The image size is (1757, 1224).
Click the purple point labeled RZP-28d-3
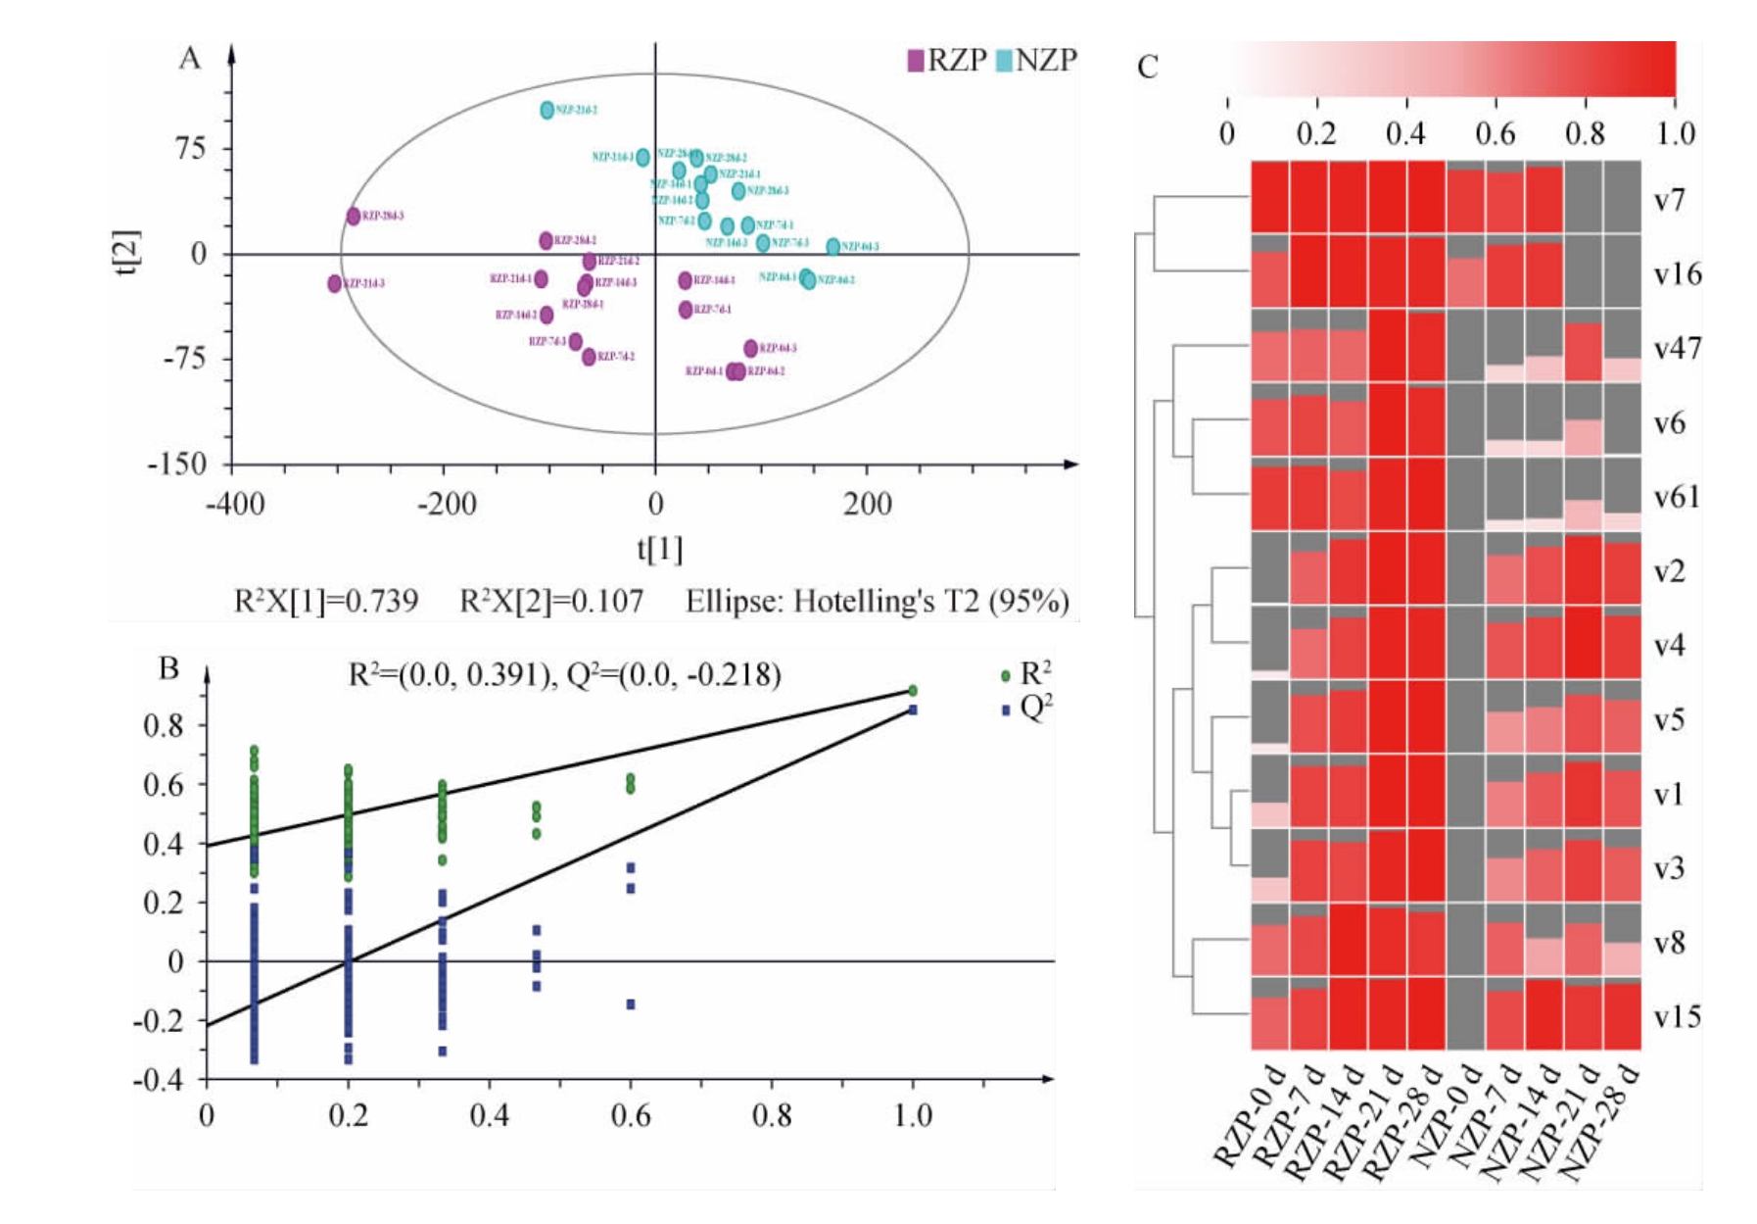(354, 217)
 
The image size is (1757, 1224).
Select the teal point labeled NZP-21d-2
(547, 110)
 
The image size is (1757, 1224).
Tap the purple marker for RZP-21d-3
(335, 284)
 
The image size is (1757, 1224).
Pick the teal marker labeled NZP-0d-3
(833, 247)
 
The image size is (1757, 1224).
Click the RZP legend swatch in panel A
(916, 61)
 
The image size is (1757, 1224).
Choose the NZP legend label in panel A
(1046, 61)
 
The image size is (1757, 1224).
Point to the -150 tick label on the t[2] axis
(177, 464)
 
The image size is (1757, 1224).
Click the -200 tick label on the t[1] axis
(447, 505)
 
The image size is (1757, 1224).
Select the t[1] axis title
(659, 549)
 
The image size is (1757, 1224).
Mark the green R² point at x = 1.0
(913, 691)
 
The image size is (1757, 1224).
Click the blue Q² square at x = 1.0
(913, 710)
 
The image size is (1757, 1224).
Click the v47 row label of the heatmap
(1677, 349)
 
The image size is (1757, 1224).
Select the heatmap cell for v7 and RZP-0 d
(1270, 197)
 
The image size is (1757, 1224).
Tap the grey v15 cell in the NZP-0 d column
(1465, 1014)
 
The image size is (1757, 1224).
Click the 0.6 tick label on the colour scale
(1495, 132)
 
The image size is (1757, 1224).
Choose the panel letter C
(1148, 67)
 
